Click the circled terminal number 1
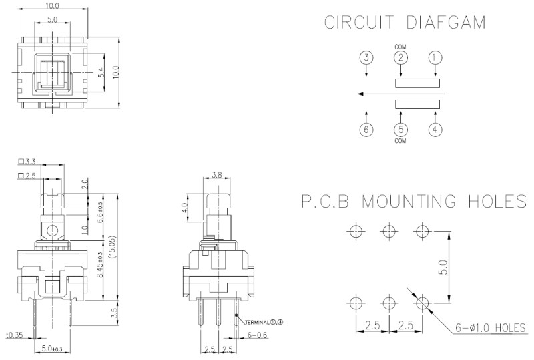tap(435, 58)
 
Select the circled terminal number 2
tap(400, 58)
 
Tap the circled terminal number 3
tap(366, 58)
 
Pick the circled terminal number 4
tap(435, 129)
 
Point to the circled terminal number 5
tap(400, 129)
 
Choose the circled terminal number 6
tap(366, 129)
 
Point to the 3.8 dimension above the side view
tap(216, 176)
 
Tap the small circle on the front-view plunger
tap(52, 232)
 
